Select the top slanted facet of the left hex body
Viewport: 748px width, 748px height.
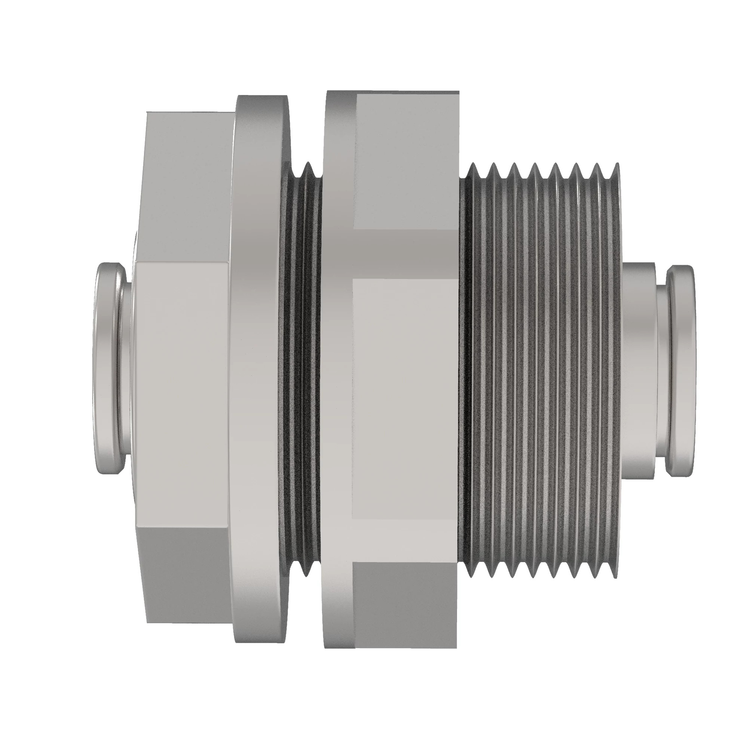click(186, 186)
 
